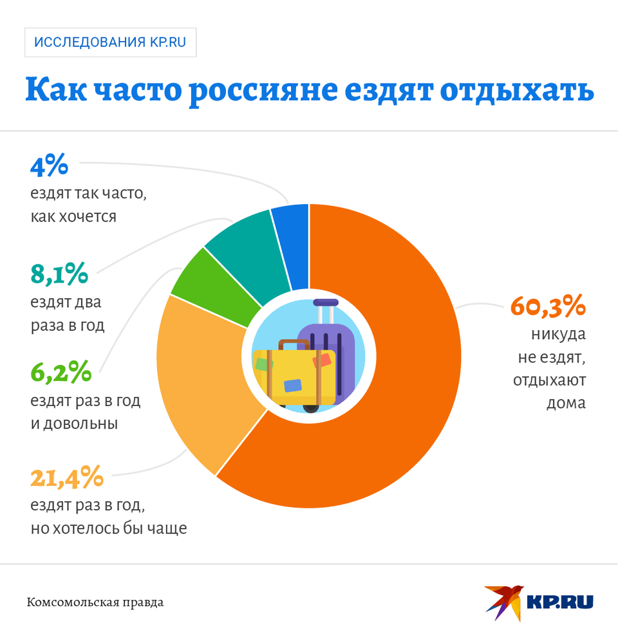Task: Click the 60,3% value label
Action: (548, 306)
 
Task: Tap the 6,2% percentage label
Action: (61, 371)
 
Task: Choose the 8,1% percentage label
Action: (59, 274)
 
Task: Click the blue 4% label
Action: (49, 165)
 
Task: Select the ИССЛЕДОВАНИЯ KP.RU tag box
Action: (110, 42)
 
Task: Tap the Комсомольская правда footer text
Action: (95, 603)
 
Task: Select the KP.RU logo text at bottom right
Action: (560, 602)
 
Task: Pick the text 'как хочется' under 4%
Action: (73, 216)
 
